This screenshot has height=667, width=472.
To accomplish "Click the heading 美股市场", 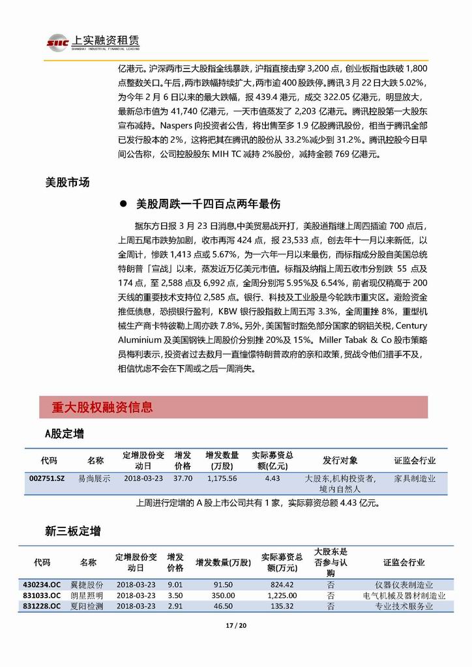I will click(x=68, y=183).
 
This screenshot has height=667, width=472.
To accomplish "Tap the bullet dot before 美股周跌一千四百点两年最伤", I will click(x=123, y=205).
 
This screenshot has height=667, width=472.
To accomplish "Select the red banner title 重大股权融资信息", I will click(x=102, y=408).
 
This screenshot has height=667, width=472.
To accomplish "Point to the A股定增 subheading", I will click(x=64, y=434).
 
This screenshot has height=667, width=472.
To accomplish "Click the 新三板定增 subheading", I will click(x=72, y=531).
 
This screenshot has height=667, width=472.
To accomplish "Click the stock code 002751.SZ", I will click(x=48, y=478).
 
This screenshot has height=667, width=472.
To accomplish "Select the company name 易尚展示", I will click(x=95, y=478).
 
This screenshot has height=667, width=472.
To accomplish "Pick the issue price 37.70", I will click(x=183, y=478).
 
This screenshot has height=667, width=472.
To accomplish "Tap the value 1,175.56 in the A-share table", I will click(x=222, y=478).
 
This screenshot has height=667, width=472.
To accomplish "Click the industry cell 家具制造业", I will click(x=415, y=478).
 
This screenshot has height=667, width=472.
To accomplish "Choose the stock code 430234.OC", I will click(x=42, y=585).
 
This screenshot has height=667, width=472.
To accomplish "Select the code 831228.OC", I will click(x=42, y=606).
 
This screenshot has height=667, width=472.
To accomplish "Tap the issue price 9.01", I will click(x=175, y=585).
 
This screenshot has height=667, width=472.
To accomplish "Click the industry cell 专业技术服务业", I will click(x=404, y=606).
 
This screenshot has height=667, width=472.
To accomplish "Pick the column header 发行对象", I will click(x=340, y=460).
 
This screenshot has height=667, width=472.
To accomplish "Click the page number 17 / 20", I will click(x=236, y=627).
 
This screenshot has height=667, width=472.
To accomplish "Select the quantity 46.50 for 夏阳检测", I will click(x=223, y=606).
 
